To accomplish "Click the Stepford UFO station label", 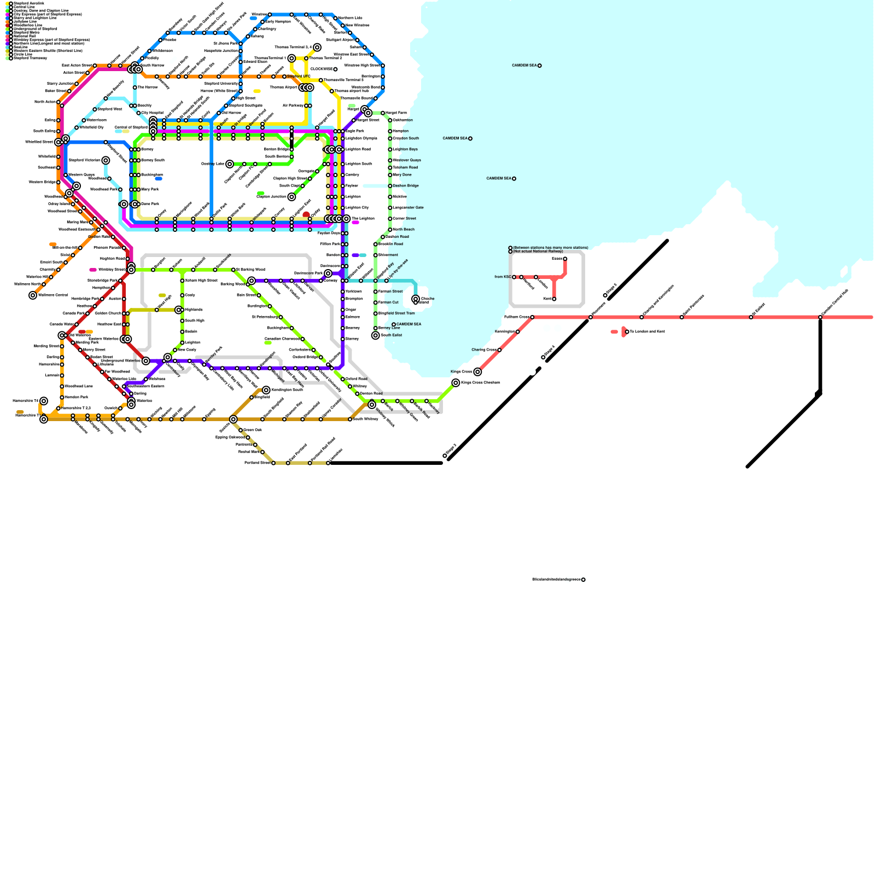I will tap(298, 77).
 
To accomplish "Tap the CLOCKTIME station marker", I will tap(335, 69).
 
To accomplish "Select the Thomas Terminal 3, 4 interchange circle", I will tap(317, 48).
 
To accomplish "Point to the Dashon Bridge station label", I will tap(406, 186).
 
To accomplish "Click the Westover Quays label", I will tap(407, 160).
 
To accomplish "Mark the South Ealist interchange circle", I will tap(375, 335).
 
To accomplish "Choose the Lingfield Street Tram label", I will tap(396, 313).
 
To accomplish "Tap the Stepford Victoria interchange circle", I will tap(106, 160).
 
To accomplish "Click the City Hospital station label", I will tap(153, 113).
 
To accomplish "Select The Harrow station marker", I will tap(135, 87).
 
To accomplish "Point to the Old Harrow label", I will tap(231, 113).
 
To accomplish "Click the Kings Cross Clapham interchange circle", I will tap(456, 383).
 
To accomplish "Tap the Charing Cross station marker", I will tap(499, 350).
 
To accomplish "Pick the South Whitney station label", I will tap(365, 419).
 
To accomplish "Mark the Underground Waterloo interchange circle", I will tap(146, 361).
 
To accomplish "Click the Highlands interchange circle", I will tap(178, 310).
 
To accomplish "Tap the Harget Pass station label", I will tap(396, 113).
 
